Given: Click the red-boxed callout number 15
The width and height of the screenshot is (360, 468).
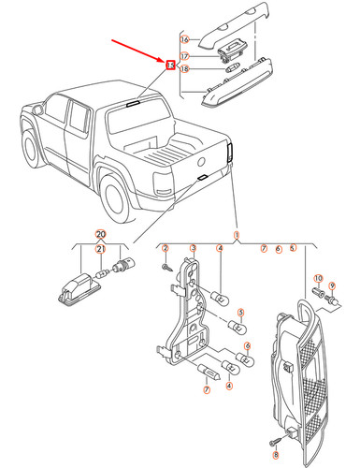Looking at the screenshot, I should coord(169,66).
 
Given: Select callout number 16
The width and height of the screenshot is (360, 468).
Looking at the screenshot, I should coord(184,39).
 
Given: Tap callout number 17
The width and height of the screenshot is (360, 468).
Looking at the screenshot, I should coord(184,56).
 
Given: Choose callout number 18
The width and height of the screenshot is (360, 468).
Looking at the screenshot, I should coord(184,69).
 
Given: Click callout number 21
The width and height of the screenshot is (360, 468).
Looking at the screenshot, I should coord(100,248).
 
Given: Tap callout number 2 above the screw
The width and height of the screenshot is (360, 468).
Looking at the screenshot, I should coord(165,248).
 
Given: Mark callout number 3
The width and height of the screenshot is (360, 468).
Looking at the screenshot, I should coord(192,248).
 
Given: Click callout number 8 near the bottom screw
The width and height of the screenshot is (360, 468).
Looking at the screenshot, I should coord(276,453).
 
